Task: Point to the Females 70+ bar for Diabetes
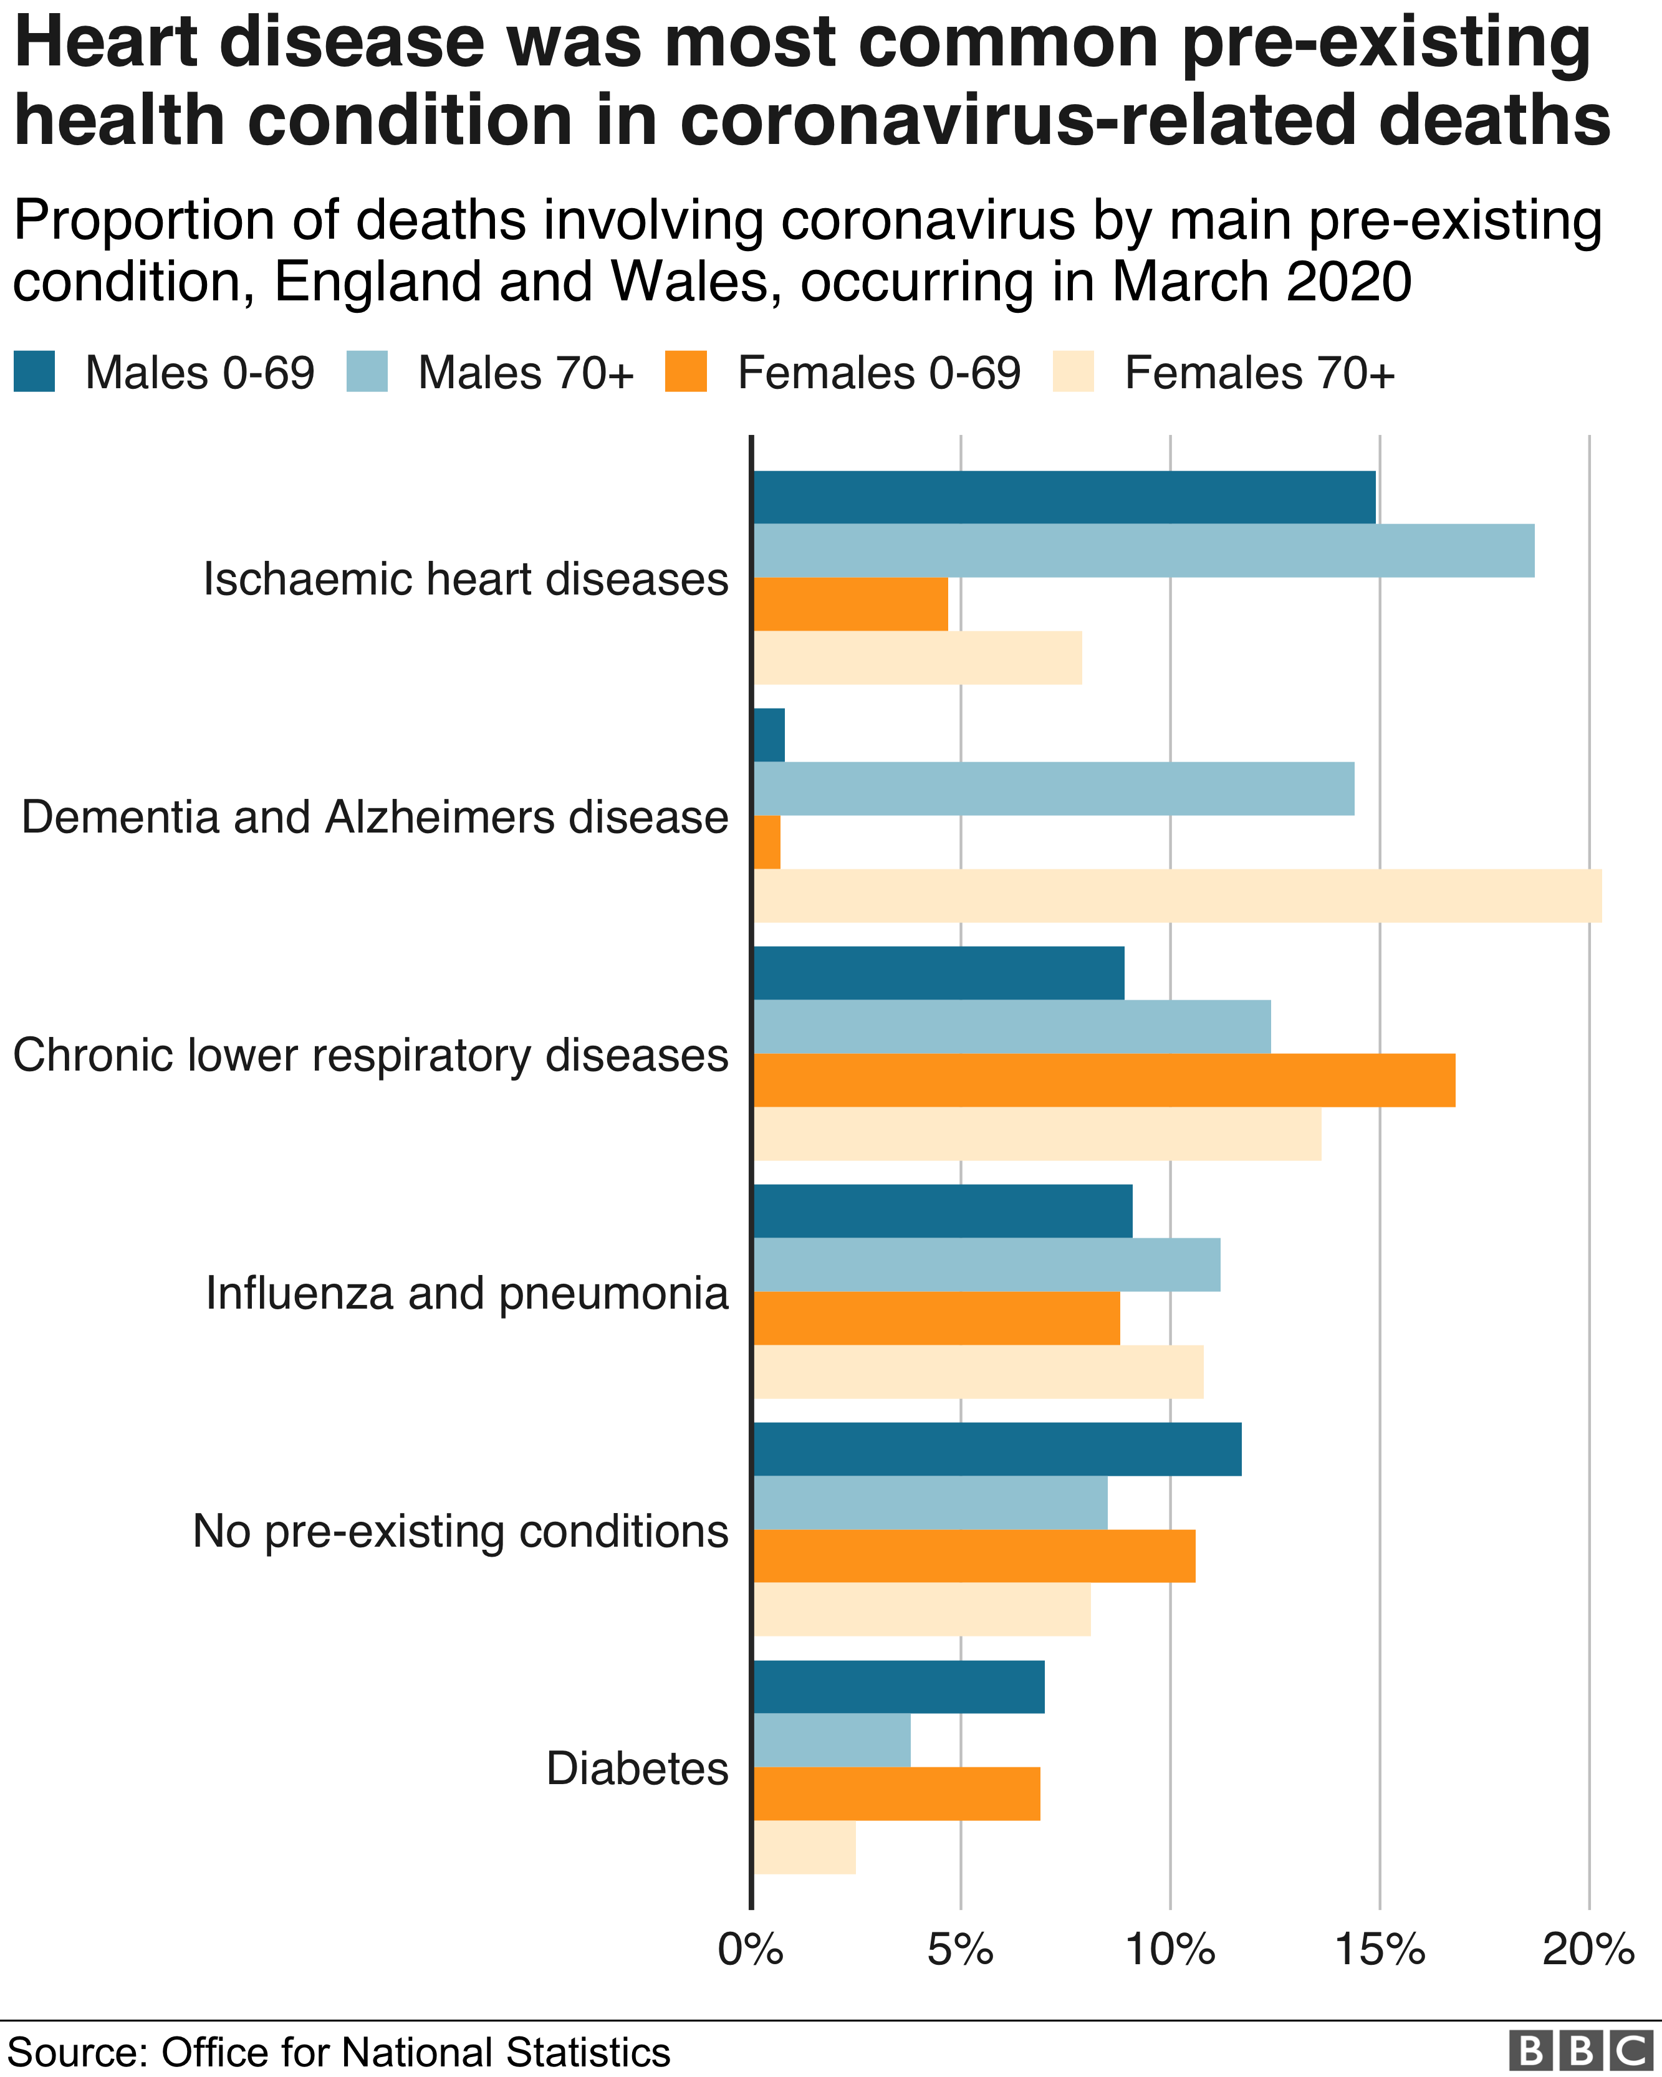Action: coord(804,1847)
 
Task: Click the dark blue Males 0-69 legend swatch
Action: coord(35,372)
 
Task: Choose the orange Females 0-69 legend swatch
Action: coord(686,372)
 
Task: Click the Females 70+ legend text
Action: coord(1259,373)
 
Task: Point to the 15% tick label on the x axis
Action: coord(1380,1950)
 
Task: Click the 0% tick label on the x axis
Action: coord(751,1950)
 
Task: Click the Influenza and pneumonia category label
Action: coord(468,1293)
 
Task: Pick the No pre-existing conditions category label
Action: coord(461,1530)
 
